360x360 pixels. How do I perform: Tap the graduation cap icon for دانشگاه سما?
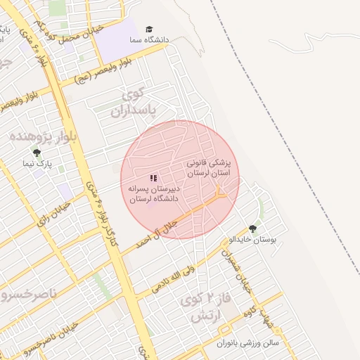click(148, 29)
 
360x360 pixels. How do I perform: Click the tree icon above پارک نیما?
click(37, 153)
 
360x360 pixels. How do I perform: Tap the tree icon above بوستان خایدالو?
click(252, 229)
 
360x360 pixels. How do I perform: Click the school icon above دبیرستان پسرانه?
click(153, 179)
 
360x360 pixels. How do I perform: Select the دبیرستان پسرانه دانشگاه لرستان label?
click(154, 194)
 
